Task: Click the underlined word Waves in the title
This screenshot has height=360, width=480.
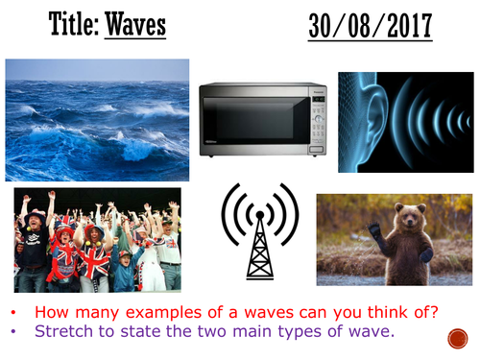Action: point(135,25)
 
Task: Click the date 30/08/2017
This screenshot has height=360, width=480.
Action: point(370,26)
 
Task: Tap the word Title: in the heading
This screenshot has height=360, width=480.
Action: point(71,25)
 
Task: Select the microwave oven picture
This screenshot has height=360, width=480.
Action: point(262,120)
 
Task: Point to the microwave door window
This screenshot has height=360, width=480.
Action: point(252,120)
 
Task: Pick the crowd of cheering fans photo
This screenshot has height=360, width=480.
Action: point(97,240)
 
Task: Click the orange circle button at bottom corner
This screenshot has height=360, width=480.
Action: point(457,339)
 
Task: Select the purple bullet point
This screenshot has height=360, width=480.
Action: point(20,333)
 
